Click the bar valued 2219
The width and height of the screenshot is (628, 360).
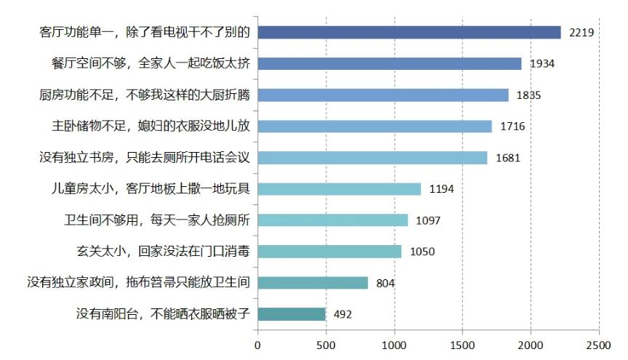coord(409,32)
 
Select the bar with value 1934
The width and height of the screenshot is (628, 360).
coord(390,63)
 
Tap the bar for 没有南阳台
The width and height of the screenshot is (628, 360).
coord(291,314)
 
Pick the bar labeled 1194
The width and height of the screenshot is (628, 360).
coord(339,189)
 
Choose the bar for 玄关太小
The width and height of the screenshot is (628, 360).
coord(329,252)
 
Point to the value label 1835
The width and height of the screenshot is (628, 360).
coord(528,95)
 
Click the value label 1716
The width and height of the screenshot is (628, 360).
coord(512,127)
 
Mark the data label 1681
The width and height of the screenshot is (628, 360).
coord(507,158)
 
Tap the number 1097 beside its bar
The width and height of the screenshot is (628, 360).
coord(428,220)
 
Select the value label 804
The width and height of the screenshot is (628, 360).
coord(386,283)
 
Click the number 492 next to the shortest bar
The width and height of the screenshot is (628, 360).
coord(343,315)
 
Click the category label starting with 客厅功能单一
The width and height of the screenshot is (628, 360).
coord(145,32)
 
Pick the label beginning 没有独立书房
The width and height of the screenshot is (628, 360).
coord(145,158)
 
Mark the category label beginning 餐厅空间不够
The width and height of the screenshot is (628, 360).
coord(145,63)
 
